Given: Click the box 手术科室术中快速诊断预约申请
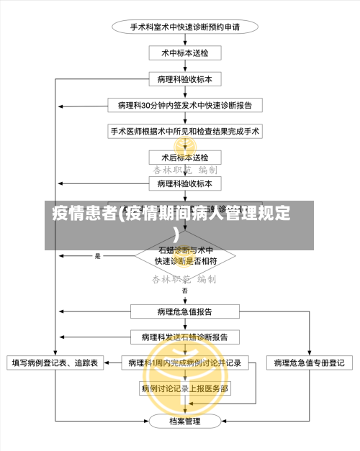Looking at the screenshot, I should point(185,27).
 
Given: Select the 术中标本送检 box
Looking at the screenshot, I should point(185,53).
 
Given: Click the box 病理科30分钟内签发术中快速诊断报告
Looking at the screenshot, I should point(185,105).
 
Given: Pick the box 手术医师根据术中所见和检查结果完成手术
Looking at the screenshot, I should point(185,132).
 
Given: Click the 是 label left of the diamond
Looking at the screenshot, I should point(98,256).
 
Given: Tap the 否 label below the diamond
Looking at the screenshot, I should point(185,291).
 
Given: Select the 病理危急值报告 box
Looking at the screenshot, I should point(185,311).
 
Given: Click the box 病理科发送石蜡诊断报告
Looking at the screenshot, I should point(185,337).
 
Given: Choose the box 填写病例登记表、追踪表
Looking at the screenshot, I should point(55,363).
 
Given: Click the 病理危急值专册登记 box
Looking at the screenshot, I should point(309,363).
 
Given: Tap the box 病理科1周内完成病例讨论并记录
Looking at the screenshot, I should point(185,363).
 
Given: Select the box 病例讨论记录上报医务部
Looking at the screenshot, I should point(185,388).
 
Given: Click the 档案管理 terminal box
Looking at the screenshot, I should point(185,421).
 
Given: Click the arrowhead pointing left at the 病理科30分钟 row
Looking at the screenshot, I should point(64,105).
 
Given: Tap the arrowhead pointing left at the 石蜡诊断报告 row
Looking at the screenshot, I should point(64,337).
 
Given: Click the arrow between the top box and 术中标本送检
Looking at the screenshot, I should point(185,41).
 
